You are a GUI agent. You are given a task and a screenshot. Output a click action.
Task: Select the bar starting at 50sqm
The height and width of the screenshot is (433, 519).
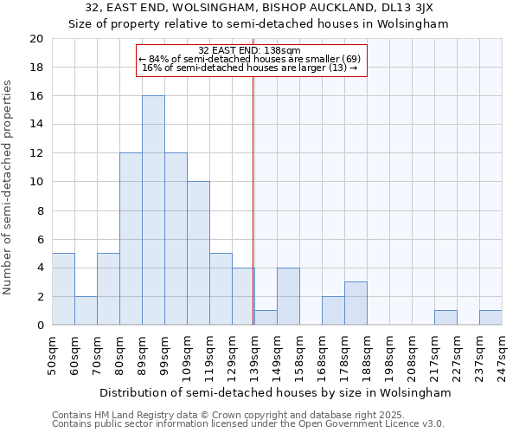(63, 289)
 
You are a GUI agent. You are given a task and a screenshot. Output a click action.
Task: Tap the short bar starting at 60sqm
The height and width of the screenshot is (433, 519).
(86, 311)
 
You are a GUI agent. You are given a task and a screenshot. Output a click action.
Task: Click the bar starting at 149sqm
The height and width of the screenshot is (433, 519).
(288, 296)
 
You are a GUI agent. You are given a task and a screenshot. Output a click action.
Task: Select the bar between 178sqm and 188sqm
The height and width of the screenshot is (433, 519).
(356, 304)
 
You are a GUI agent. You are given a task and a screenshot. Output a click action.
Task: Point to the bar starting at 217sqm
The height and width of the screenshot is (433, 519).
(445, 318)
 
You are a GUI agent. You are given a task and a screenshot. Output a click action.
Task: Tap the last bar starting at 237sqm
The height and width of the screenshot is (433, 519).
(490, 318)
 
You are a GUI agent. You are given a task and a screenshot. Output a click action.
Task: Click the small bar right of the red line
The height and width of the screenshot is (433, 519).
(266, 318)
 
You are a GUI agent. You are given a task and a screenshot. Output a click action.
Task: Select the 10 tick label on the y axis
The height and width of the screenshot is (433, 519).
(36, 182)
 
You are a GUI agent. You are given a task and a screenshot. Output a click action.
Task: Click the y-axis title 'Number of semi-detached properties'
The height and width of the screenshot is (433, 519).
(9, 187)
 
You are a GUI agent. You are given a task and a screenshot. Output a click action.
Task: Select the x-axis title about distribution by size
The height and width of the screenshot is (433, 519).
(276, 392)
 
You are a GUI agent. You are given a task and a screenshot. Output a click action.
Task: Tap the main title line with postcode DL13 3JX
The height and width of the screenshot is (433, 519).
(259, 8)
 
